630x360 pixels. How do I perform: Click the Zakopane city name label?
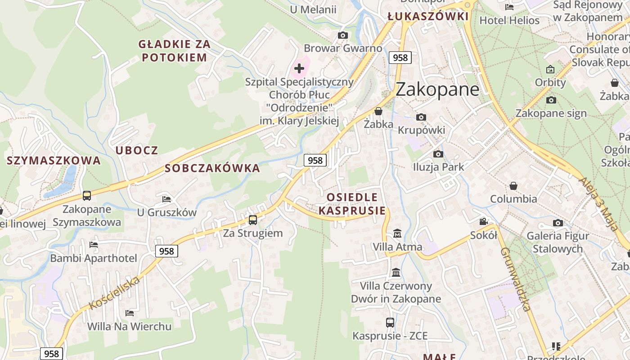437,89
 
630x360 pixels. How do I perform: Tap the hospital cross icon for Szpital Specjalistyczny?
299,69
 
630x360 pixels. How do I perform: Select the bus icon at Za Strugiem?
253,220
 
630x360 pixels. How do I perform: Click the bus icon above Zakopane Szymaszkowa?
87,196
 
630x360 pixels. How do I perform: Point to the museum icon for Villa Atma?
397,234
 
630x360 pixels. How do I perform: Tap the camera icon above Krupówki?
421,117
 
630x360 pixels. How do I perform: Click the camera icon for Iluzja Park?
438,154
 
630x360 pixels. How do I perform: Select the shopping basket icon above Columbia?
513,186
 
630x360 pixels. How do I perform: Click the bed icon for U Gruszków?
166,199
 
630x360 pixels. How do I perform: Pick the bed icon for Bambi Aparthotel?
94,245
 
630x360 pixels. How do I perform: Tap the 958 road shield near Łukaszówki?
400,58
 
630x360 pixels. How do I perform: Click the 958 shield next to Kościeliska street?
166,251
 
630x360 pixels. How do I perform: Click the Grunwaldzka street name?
515,279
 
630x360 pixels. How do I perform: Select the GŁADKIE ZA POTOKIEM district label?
173,51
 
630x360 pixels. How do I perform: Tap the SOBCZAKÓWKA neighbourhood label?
212,168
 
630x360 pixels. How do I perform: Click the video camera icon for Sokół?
483,222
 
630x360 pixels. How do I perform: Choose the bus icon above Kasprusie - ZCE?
390,323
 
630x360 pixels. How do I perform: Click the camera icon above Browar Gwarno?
343,36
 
